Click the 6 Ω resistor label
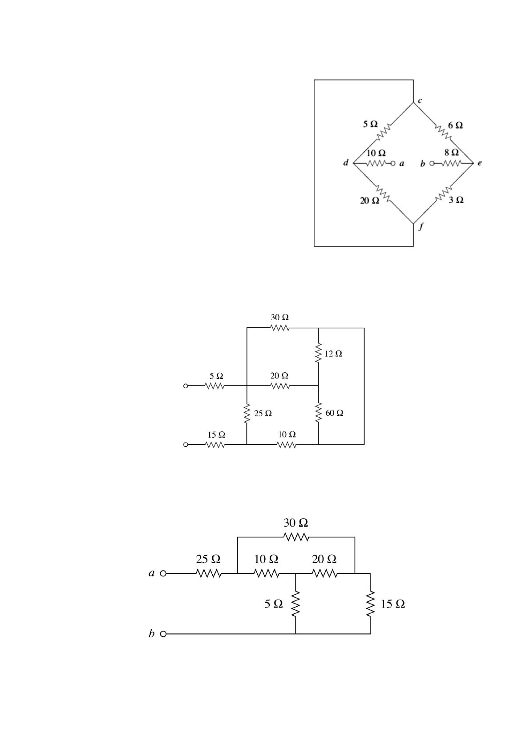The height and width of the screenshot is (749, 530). click(x=455, y=125)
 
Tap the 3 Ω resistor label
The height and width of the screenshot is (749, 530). click(x=456, y=200)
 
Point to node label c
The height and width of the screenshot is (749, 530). click(x=419, y=101)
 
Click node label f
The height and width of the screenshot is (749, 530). click(x=421, y=226)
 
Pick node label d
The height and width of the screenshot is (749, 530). click(x=346, y=163)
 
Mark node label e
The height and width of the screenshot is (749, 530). click(x=479, y=163)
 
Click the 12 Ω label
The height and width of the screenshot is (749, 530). click(x=333, y=354)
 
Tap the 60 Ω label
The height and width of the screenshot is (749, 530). click(x=334, y=413)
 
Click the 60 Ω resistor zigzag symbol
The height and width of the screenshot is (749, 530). click(x=318, y=413)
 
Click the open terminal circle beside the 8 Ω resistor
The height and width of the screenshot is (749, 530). click(x=431, y=163)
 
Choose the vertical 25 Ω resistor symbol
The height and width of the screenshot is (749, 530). click(x=247, y=414)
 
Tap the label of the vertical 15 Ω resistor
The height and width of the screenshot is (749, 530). click(x=393, y=604)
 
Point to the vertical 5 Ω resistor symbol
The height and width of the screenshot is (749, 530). click(x=295, y=603)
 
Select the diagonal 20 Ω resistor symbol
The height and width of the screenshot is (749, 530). click(x=384, y=193)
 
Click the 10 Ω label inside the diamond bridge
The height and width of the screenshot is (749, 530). click(x=376, y=153)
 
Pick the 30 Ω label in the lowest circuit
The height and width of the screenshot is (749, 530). click(x=296, y=523)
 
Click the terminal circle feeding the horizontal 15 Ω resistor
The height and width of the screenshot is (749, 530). click(x=186, y=444)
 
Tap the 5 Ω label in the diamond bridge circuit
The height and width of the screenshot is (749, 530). click(x=370, y=124)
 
